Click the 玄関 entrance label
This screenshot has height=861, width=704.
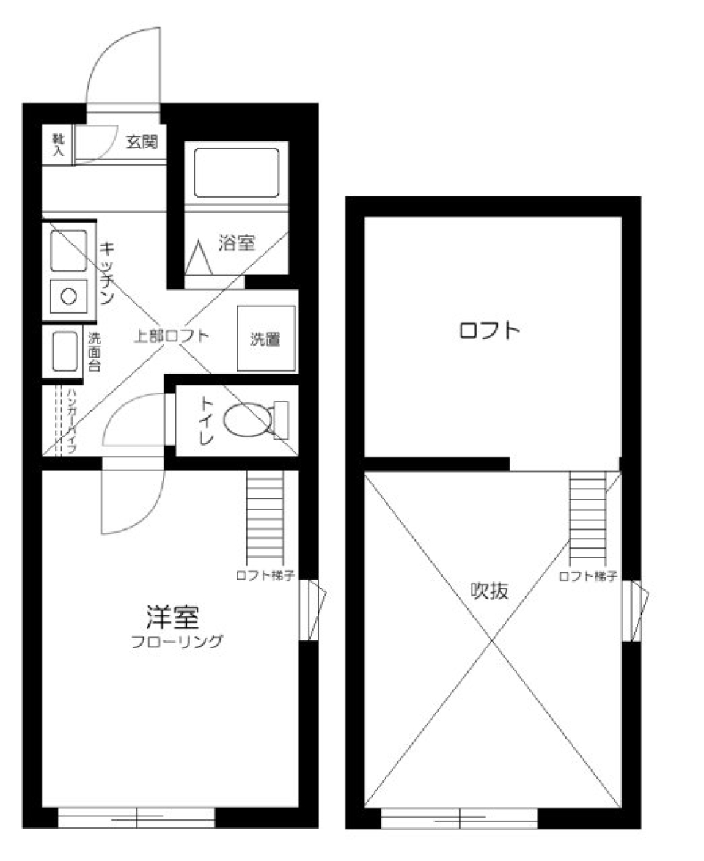point(142,142)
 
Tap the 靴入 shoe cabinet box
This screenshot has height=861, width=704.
point(57,145)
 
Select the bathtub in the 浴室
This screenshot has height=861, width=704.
point(236,172)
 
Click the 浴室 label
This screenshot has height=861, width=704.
point(237,243)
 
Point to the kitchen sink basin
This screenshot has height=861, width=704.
point(68,251)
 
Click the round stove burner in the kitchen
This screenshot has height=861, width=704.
point(69,297)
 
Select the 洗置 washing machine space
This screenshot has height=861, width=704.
point(265,339)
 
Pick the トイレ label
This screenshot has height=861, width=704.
point(206,421)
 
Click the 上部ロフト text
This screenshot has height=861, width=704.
point(171,337)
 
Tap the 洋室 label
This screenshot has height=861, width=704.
point(173,618)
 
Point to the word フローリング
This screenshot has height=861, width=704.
point(176,643)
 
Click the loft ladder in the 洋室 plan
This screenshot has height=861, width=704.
point(265,517)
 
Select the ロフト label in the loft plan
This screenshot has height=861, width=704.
point(489,330)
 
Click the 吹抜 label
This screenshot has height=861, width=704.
point(489,591)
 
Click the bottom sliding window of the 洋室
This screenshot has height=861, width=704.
point(136,817)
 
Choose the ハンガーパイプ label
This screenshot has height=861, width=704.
point(71,421)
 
